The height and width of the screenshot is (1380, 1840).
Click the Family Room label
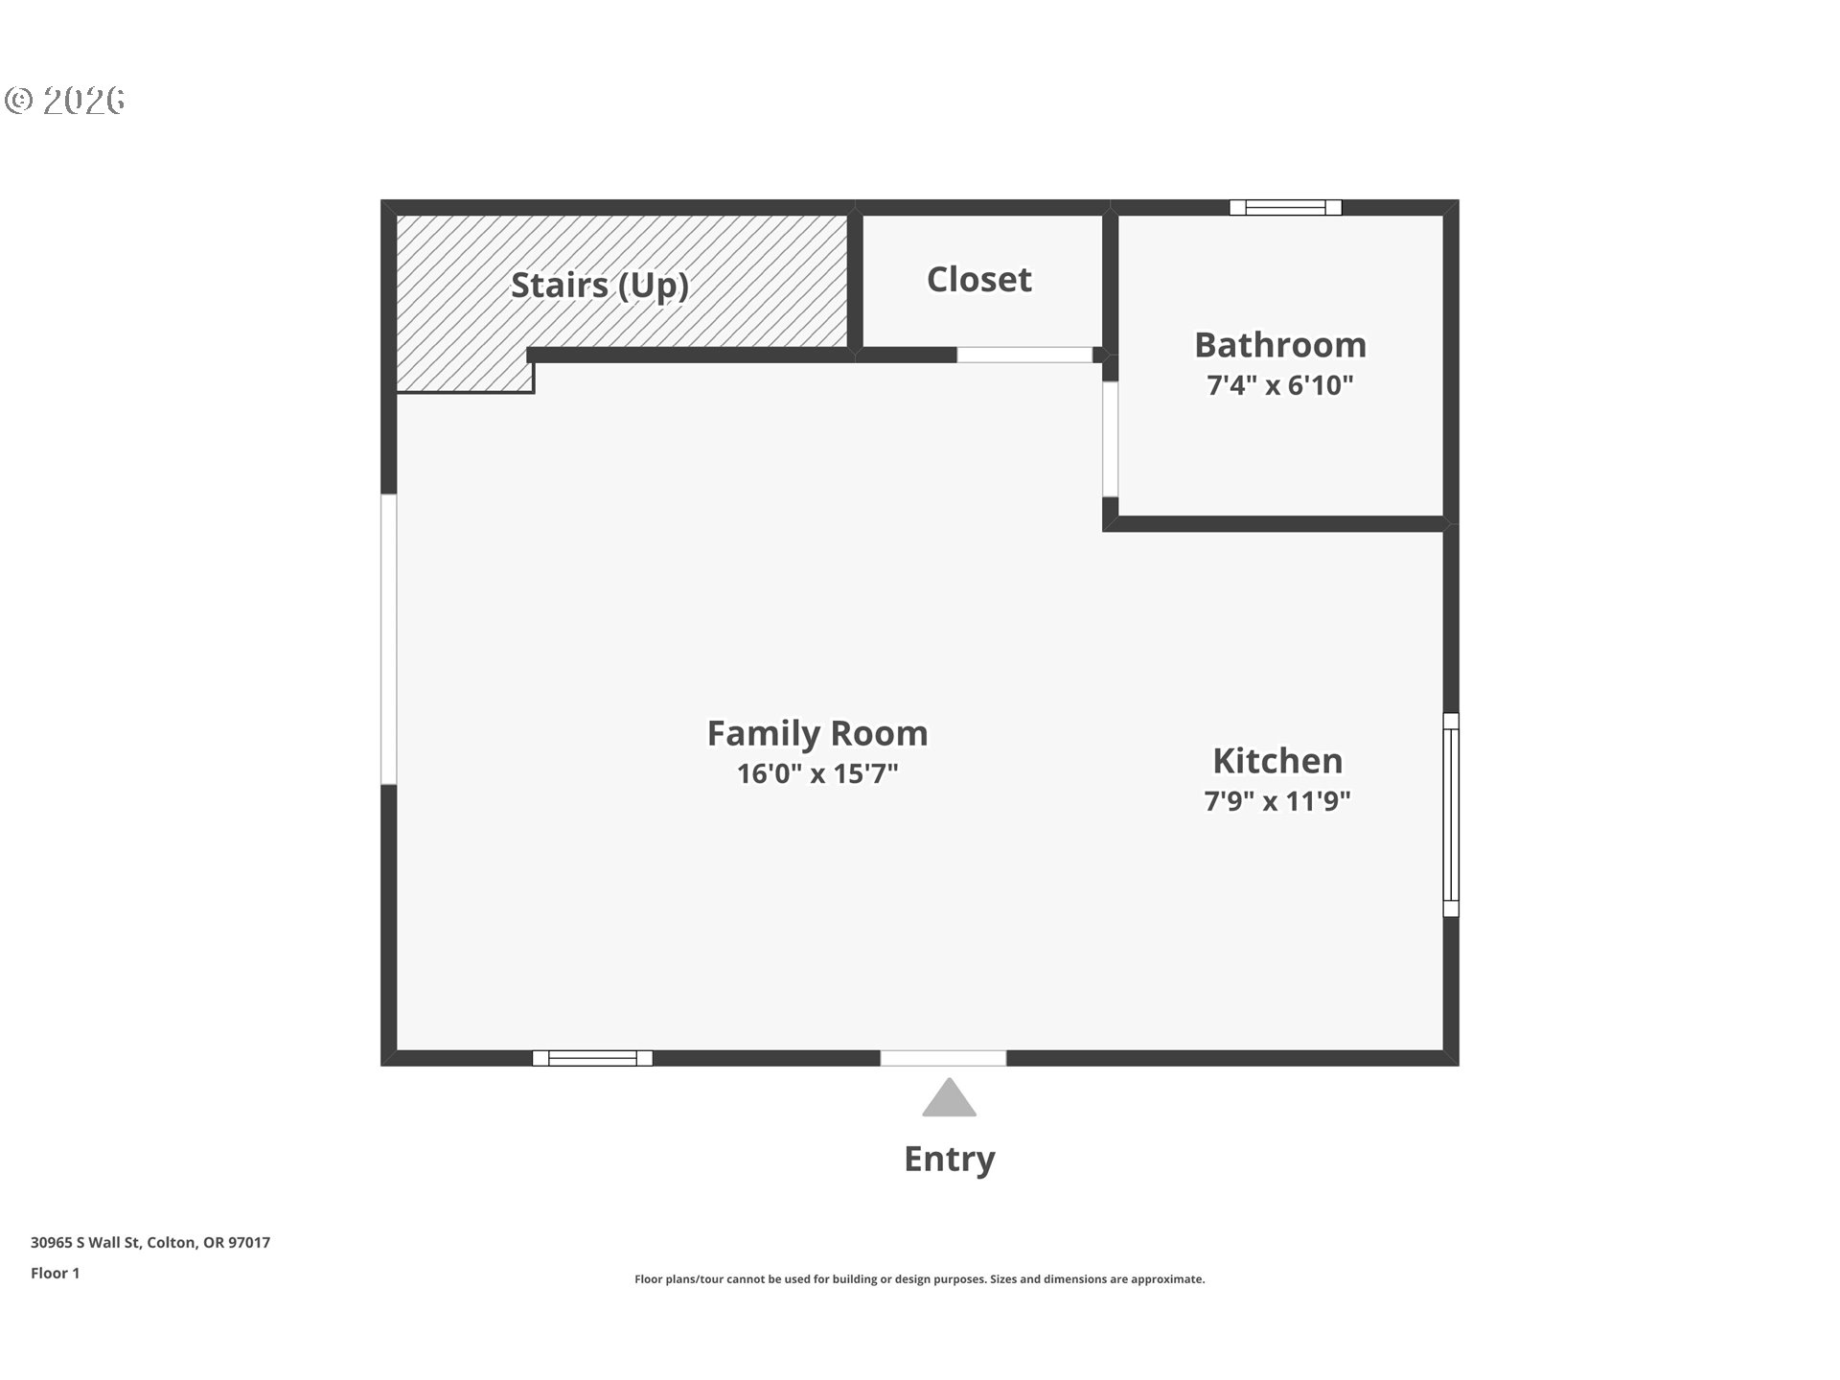point(817,733)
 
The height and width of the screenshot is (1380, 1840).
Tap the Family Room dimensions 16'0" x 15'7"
point(817,773)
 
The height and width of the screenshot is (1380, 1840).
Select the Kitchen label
point(1277,761)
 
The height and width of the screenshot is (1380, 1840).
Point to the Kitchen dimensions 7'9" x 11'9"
point(1277,800)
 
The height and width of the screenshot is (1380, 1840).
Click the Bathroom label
point(1280,345)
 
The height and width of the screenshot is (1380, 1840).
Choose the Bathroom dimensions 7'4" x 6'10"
point(1280,385)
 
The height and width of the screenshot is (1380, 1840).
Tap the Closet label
point(979,280)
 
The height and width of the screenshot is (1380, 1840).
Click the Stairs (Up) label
point(600,286)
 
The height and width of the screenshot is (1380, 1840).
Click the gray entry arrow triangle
point(949,1098)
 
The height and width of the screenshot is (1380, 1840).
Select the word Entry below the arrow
point(950,1160)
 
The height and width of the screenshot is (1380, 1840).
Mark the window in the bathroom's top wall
point(1286,207)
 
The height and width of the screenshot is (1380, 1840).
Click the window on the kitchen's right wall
point(1451,815)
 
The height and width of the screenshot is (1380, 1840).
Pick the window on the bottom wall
point(592,1058)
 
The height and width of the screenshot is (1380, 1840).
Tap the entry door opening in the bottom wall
point(943,1058)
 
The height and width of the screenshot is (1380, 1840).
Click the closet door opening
point(1024,355)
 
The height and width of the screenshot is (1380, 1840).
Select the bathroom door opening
point(1110,439)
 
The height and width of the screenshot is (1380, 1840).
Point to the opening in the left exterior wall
point(389,639)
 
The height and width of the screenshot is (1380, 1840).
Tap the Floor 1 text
point(56,1274)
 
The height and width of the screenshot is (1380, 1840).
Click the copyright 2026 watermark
point(65,101)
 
